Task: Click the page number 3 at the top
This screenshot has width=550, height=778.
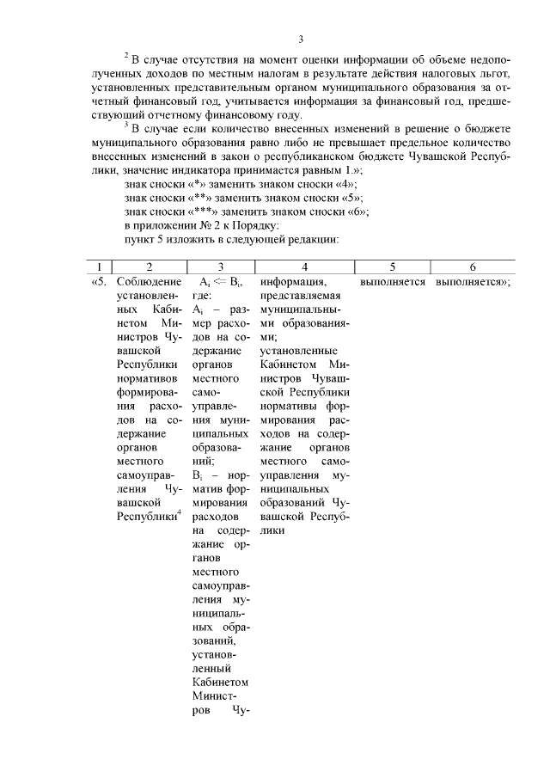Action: pos(301,39)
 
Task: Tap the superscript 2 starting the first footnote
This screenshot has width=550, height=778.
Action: pos(125,57)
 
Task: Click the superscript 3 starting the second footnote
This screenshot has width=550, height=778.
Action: pos(125,127)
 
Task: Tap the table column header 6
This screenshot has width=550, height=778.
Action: pos(472,267)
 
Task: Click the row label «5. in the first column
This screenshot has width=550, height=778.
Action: pos(99,281)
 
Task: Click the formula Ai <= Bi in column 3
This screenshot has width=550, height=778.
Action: pos(221,281)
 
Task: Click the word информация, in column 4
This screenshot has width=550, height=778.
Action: pos(293,281)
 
